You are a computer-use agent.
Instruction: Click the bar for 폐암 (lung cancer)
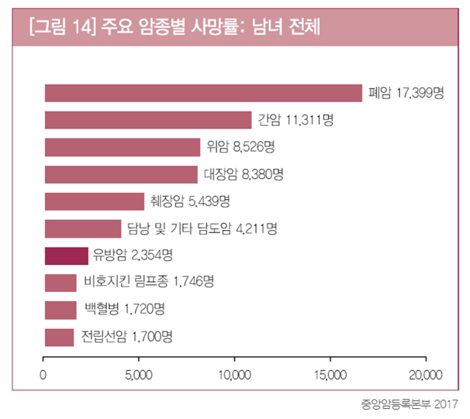tap(203, 93)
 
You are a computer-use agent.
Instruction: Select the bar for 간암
tap(148, 120)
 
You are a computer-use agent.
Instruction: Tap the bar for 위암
tap(123, 147)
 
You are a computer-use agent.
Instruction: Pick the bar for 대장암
tap(121, 174)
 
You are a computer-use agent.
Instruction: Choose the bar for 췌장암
tap(95, 201)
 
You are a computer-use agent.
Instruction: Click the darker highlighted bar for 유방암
tap(67, 256)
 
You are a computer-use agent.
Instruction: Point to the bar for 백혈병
tap(60, 310)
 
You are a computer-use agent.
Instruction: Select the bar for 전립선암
tap(60, 337)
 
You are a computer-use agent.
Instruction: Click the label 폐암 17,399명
tap(406, 93)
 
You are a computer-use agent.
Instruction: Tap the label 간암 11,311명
tap(295, 120)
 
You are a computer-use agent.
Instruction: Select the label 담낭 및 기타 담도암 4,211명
tap(202, 228)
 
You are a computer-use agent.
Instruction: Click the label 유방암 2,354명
tap(132, 256)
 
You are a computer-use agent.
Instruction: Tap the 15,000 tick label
tap(330, 376)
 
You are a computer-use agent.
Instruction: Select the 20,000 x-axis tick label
tap(425, 376)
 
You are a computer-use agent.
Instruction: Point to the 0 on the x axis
tap(43, 376)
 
